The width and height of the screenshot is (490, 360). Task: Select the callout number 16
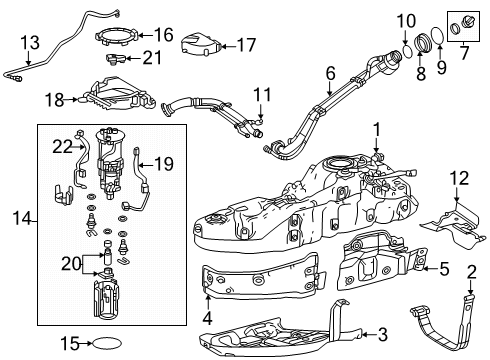(162, 34)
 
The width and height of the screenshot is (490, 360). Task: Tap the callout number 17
(244, 44)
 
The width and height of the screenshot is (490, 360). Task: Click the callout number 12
(459, 178)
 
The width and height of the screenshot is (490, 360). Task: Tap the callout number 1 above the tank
(377, 129)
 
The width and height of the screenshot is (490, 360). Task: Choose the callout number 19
(164, 162)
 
